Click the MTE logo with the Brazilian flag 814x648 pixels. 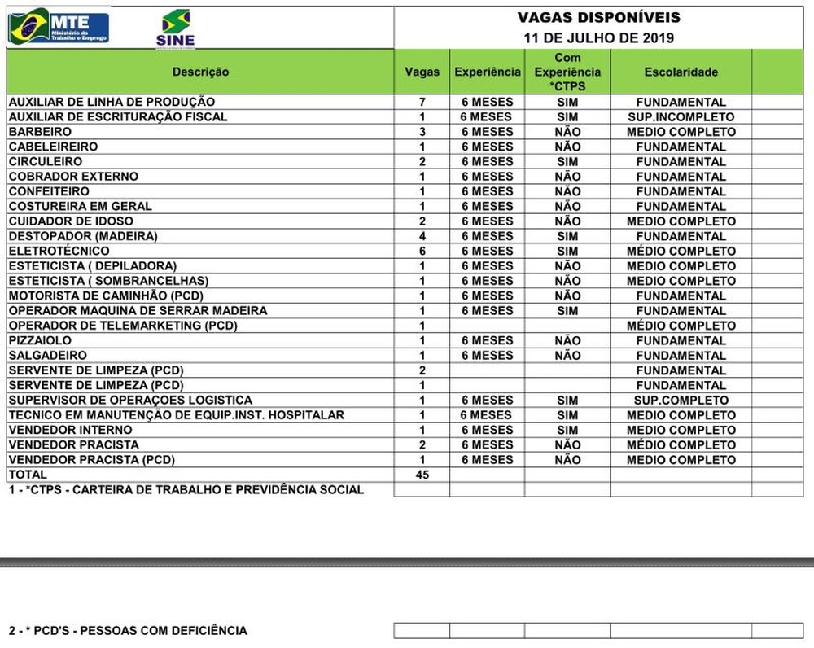[x=59, y=27]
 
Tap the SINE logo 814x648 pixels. [x=175, y=29]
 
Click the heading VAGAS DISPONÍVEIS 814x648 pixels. [x=598, y=18]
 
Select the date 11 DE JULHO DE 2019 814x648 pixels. [x=598, y=37]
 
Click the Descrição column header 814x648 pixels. [x=200, y=72]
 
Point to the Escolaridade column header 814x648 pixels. [x=681, y=72]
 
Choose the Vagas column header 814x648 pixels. [x=422, y=72]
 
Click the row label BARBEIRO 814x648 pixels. [x=40, y=132]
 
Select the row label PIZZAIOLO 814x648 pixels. [x=40, y=340]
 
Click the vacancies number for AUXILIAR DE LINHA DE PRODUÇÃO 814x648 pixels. [x=422, y=103]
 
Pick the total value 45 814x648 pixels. [x=422, y=475]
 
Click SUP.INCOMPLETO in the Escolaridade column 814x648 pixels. [x=681, y=117]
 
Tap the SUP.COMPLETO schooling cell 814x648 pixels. [x=681, y=401]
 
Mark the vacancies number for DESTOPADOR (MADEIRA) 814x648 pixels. [x=422, y=236]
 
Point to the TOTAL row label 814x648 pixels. [x=28, y=475]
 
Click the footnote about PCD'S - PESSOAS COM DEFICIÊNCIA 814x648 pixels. [x=128, y=631]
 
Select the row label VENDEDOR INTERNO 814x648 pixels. [x=70, y=430]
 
